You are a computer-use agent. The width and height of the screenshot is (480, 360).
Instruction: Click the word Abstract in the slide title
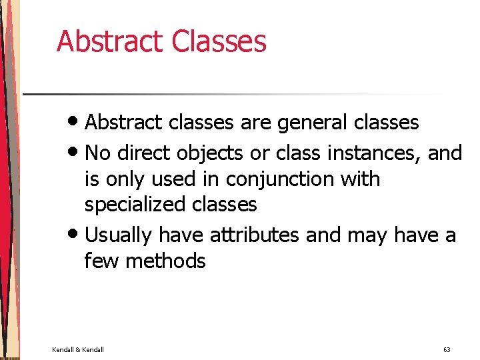point(110,41)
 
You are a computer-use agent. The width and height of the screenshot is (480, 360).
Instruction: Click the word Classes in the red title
point(219,41)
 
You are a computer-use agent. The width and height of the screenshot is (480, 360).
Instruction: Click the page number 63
point(447,349)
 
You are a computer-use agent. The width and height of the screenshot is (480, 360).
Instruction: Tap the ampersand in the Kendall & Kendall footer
point(79,349)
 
